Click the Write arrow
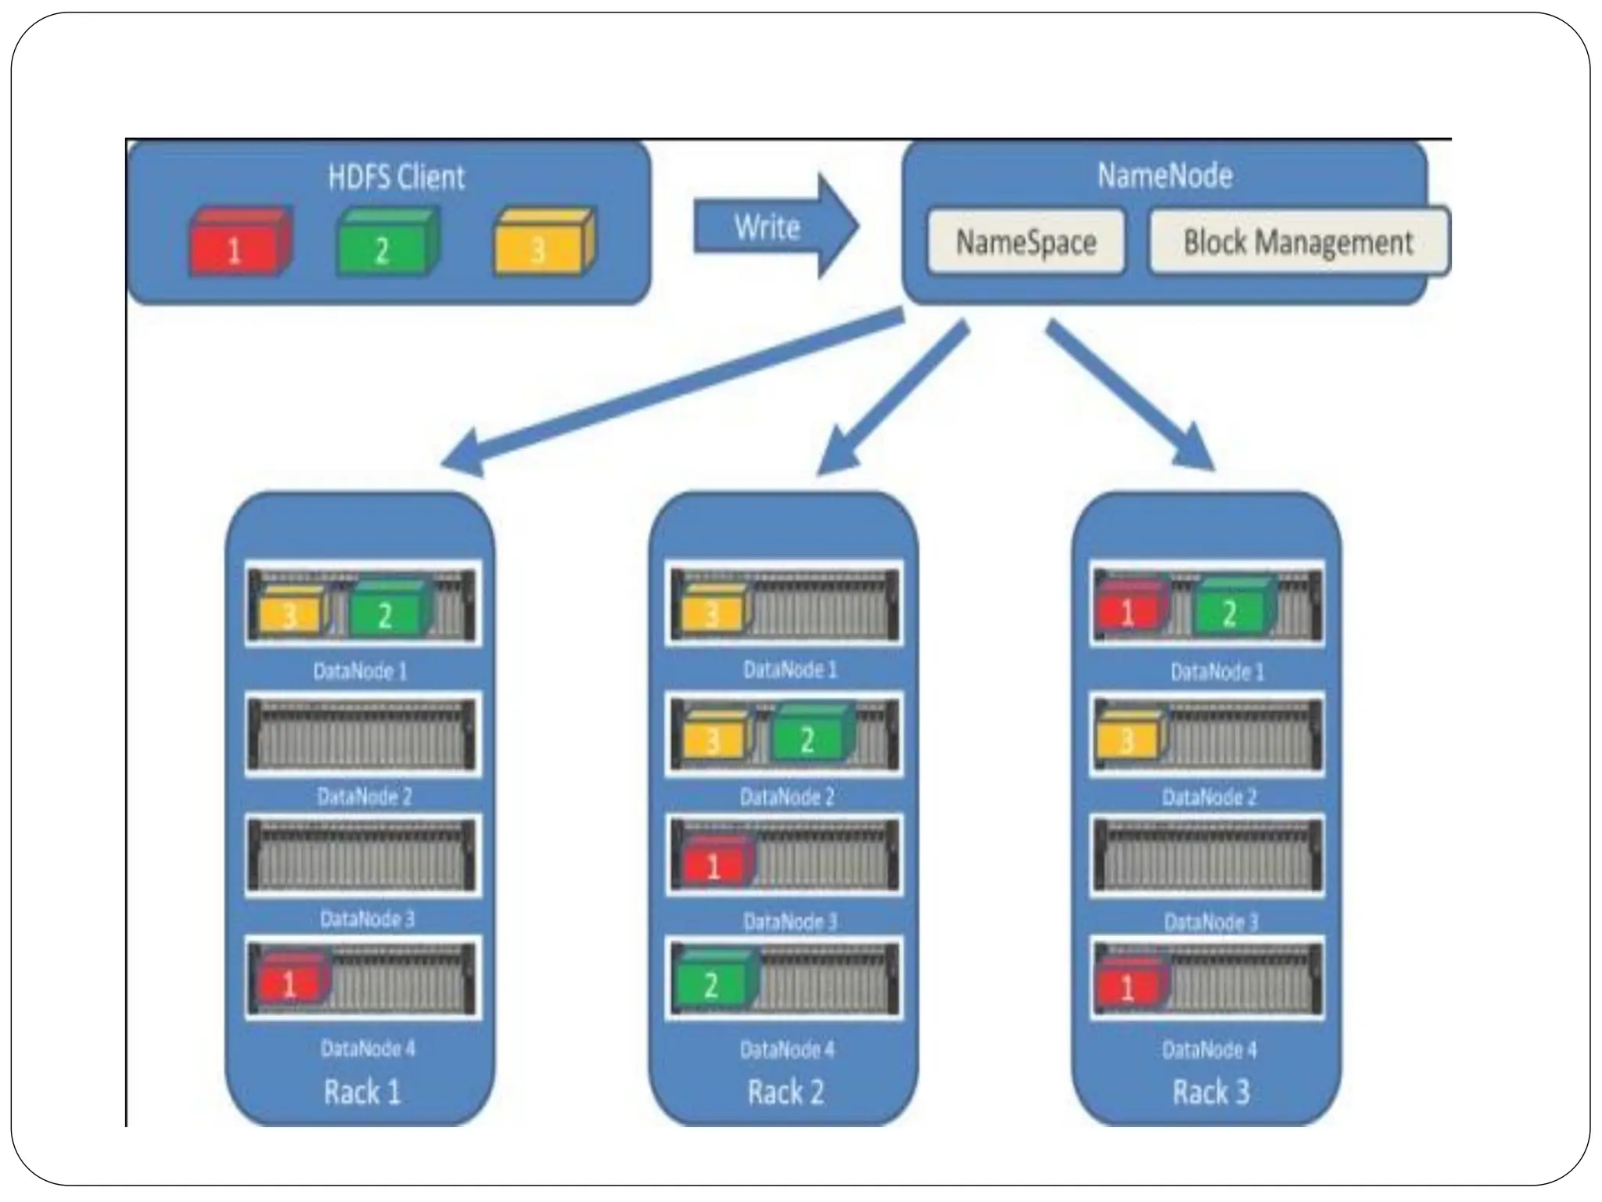[x=774, y=227]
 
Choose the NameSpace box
[x=1025, y=242]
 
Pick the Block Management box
[x=1298, y=242]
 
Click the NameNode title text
[x=1164, y=175]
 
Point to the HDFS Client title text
[x=396, y=177]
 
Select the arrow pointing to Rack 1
[x=665, y=391]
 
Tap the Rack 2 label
[x=785, y=1092]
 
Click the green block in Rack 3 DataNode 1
[x=1232, y=609]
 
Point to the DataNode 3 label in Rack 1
[x=367, y=919]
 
